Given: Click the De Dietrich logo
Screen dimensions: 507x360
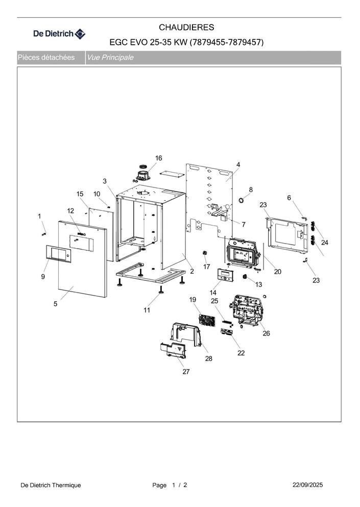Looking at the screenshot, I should pyautogui.click(x=59, y=34).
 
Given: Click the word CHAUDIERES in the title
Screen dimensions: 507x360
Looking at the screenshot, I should pyautogui.click(x=186, y=27).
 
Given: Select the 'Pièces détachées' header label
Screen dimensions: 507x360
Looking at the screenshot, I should pyautogui.click(x=46, y=58).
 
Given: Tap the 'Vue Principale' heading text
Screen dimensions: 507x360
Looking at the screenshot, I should pyautogui.click(x=110, y=58).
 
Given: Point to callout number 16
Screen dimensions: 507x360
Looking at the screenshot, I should pyautogui.click(x=158, y=158).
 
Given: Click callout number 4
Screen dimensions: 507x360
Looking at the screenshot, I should pyautogui.click(x=238, y=164).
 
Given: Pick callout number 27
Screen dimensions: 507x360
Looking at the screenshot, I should pyautogui.click(x=186, y=372).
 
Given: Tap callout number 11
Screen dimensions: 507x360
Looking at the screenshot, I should pyautogui.click(x=147, y=310).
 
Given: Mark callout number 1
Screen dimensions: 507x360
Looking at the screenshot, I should pyautogui.click(x=39, y=216).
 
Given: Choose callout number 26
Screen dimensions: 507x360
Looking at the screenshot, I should pyautogui.click(x=266, y=333).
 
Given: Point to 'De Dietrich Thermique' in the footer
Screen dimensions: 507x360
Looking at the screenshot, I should pyautogui.click(x=51, y=485).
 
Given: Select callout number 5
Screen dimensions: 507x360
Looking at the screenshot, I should pyautogui.click(x=55, y=304).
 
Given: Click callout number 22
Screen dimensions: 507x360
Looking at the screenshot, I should pyautogui.click(x=241, y=353).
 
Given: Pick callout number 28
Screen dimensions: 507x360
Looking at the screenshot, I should pyautogui.click(x=208, y=358).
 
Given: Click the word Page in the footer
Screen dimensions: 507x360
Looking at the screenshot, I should pyautogui.click(x=159, y=485).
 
